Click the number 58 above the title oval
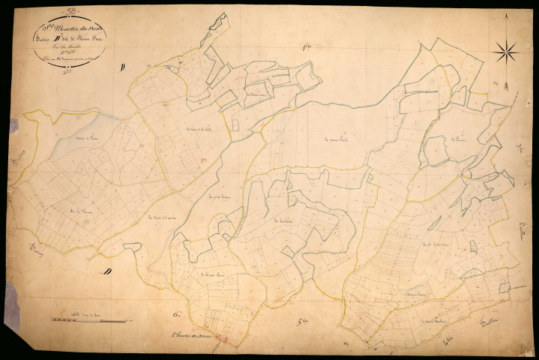[72, 10]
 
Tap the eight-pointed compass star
[507, 51]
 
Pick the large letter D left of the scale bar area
[109, 271]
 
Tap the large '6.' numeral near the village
[178, 313]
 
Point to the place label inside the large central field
[338, 139]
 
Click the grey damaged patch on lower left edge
[12, 304]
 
